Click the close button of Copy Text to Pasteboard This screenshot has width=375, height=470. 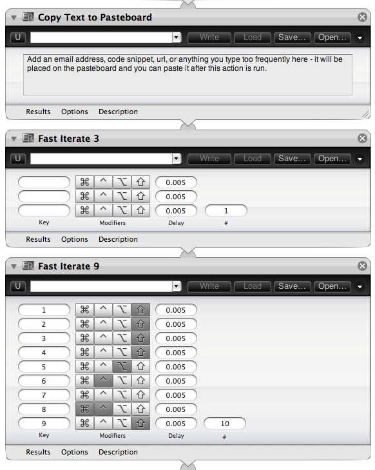coord(362,17)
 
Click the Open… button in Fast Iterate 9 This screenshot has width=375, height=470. coord(332,286)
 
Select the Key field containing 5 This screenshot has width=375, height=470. coord(44,367)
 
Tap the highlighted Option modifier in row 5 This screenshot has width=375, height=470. coord(122,366)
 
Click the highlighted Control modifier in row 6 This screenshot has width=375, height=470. coord(103,380)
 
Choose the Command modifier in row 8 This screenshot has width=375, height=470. coord(85,409)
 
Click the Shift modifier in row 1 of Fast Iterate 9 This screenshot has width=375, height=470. coord(140,309)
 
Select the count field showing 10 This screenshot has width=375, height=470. coord(225,423)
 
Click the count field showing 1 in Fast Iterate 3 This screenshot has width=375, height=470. coord(226,211)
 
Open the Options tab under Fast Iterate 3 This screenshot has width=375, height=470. coord(75,239)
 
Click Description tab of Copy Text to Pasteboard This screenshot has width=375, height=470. coord(119,112)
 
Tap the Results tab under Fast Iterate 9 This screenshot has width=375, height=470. coord(38,452)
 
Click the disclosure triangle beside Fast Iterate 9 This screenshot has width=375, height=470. coord(14,266)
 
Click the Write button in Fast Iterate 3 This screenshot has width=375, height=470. coord(209,159)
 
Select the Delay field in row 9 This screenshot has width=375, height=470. coord(176,423)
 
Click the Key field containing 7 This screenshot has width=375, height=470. coord(44,395)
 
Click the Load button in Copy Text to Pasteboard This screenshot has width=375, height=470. coord(253,37)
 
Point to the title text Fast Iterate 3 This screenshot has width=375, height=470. coord(68,139)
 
